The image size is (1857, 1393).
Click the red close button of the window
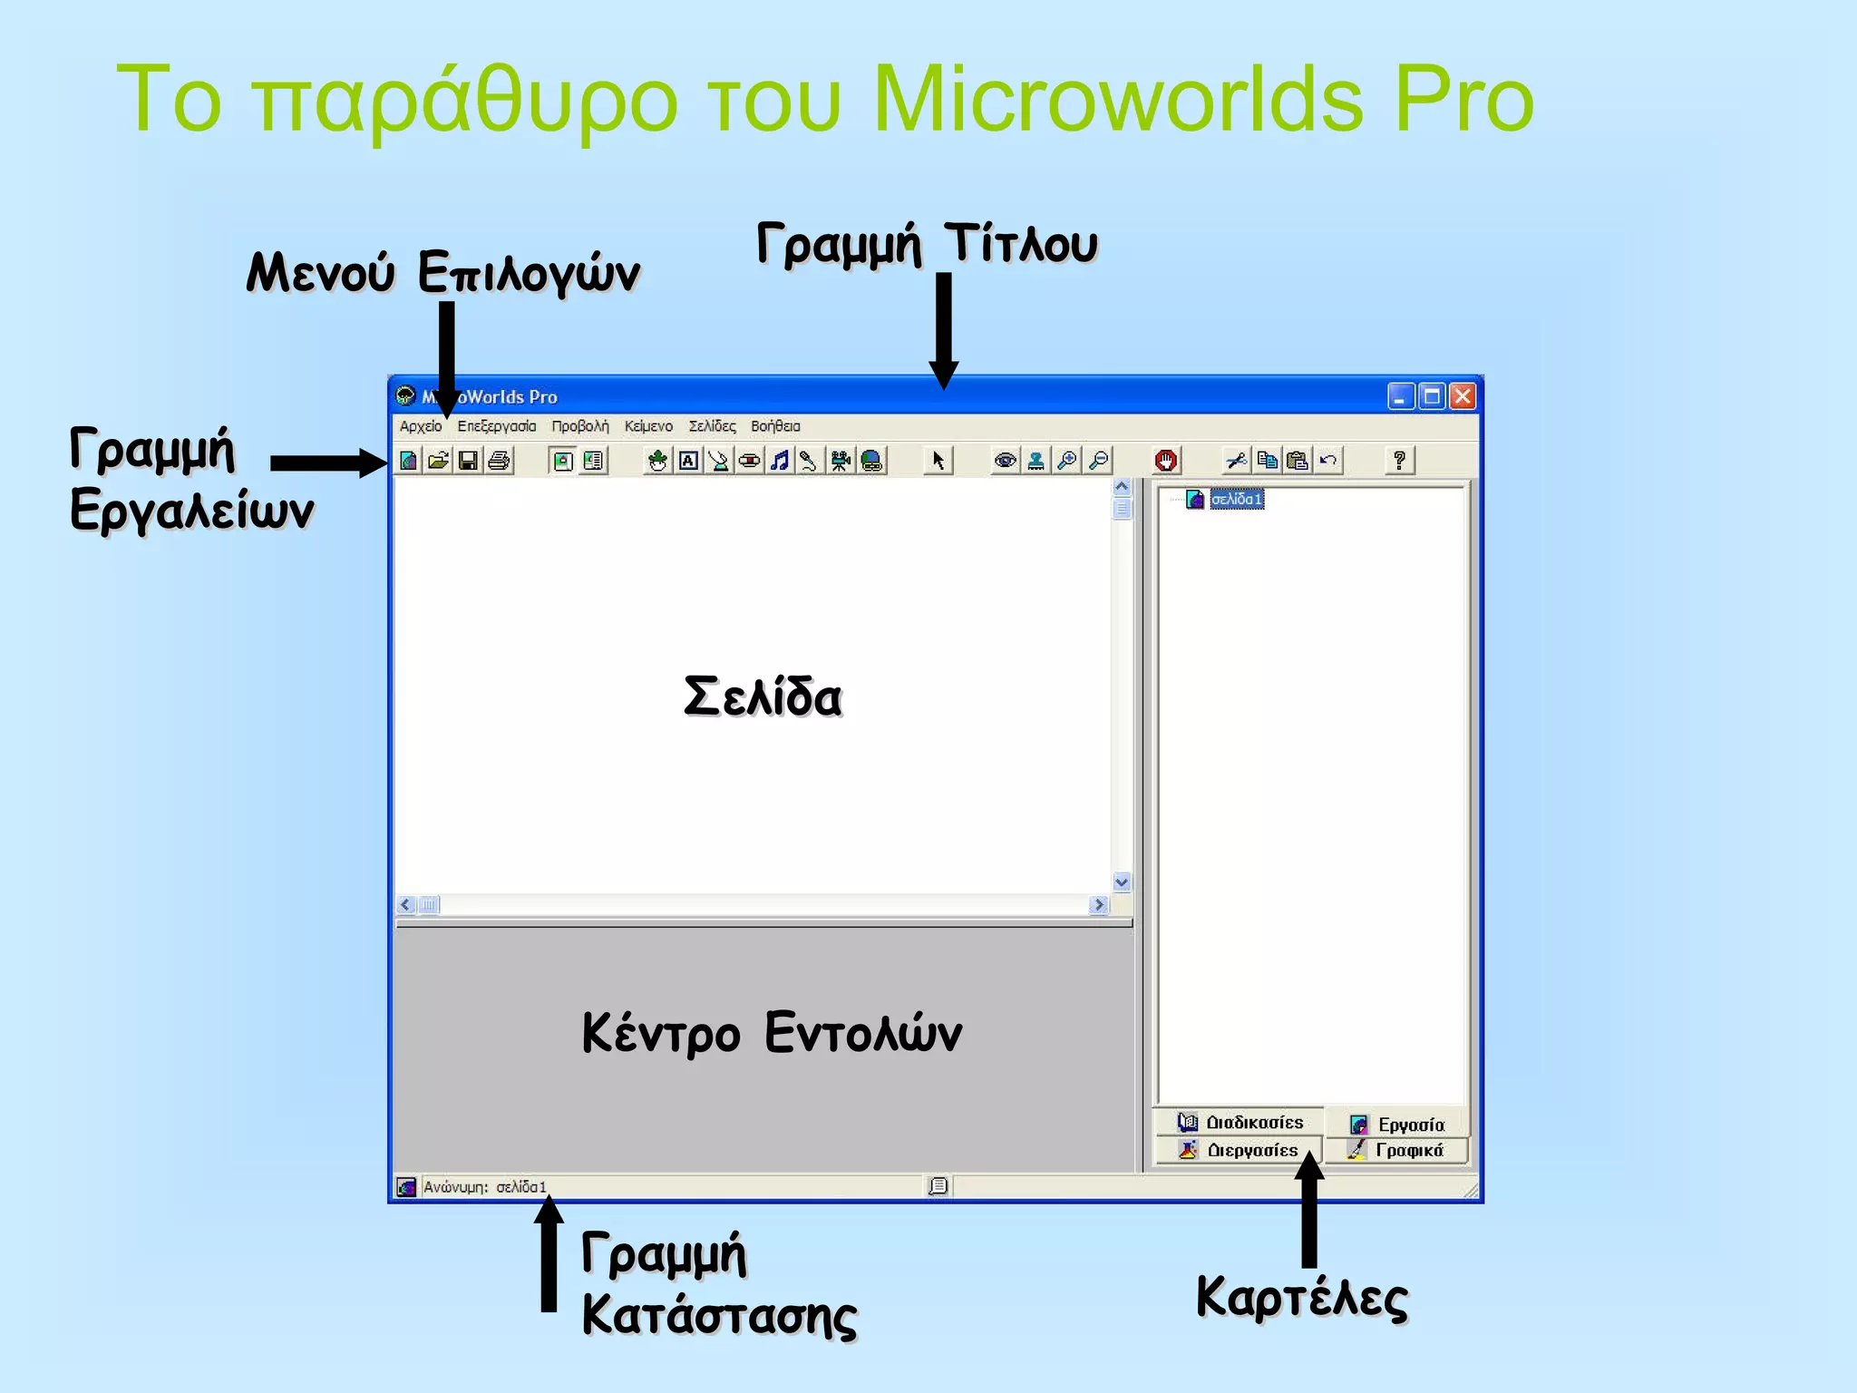point(1462,396)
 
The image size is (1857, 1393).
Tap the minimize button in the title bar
point(1401,396)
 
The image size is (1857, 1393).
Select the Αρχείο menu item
point(421,426)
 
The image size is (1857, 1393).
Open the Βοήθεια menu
point(775,426)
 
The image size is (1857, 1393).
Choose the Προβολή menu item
point(580,426)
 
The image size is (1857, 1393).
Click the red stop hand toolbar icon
point(1166,461)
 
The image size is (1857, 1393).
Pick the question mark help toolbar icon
point(1399,461)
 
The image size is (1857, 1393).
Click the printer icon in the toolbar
point(499,461)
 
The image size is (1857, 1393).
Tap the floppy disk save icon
point(468,461)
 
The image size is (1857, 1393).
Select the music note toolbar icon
point(779,461)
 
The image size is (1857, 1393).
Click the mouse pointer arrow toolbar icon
point(938,461)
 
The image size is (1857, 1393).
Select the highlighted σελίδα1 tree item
point(1236,500)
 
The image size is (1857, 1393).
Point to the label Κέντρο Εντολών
point(772,1033)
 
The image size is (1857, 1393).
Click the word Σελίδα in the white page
point(763,697)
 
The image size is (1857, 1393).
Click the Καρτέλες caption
point(1302,1298)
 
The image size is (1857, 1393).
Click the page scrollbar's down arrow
point(1122,882)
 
